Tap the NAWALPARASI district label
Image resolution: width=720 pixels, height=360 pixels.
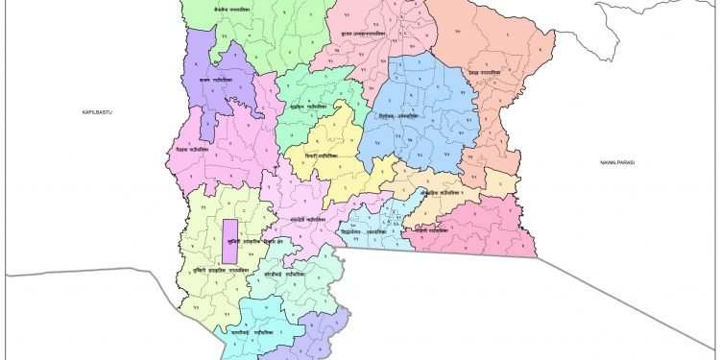[616, 163]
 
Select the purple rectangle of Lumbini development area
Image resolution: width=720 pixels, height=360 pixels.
[229, 241]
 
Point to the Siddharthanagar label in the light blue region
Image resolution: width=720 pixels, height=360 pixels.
[374, 230]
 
